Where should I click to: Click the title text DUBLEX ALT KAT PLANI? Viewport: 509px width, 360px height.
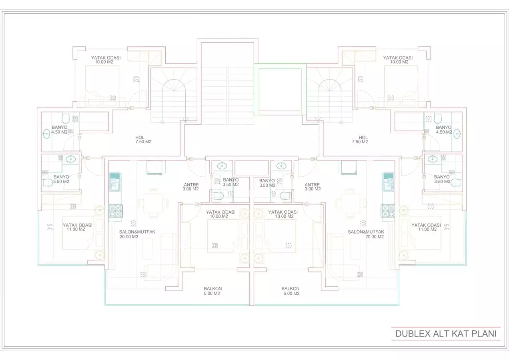point(446,334)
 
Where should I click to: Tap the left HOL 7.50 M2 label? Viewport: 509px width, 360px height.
point(140,140)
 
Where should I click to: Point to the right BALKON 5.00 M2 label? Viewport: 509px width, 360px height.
point(290,291)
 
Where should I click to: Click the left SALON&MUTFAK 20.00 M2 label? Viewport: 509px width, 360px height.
point(134,234)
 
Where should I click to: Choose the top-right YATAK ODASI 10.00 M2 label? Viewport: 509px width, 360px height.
point(397,60)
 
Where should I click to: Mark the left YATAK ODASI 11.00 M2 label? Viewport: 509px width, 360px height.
point(77,227)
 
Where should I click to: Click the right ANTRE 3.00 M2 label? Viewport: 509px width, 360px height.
point(313,187)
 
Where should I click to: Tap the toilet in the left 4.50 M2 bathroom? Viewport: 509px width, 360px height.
point(66,118)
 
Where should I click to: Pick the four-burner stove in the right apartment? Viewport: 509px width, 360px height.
point(387,210)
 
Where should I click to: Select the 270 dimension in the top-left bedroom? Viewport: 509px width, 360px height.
point(136,79)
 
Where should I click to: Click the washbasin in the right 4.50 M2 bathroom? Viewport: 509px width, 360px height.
point(457,134)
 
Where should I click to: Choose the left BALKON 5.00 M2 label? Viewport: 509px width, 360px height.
point(212,291)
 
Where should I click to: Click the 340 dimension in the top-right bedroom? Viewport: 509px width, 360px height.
point(391,98)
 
